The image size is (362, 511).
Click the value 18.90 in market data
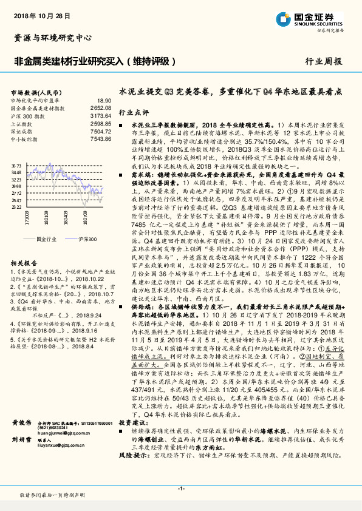(104, 100)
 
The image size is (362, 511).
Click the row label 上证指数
(22, 123)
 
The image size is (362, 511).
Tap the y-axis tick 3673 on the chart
(16, 164)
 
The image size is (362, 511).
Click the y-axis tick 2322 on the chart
(16, 207)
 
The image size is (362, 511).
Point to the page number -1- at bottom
(181, 488)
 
